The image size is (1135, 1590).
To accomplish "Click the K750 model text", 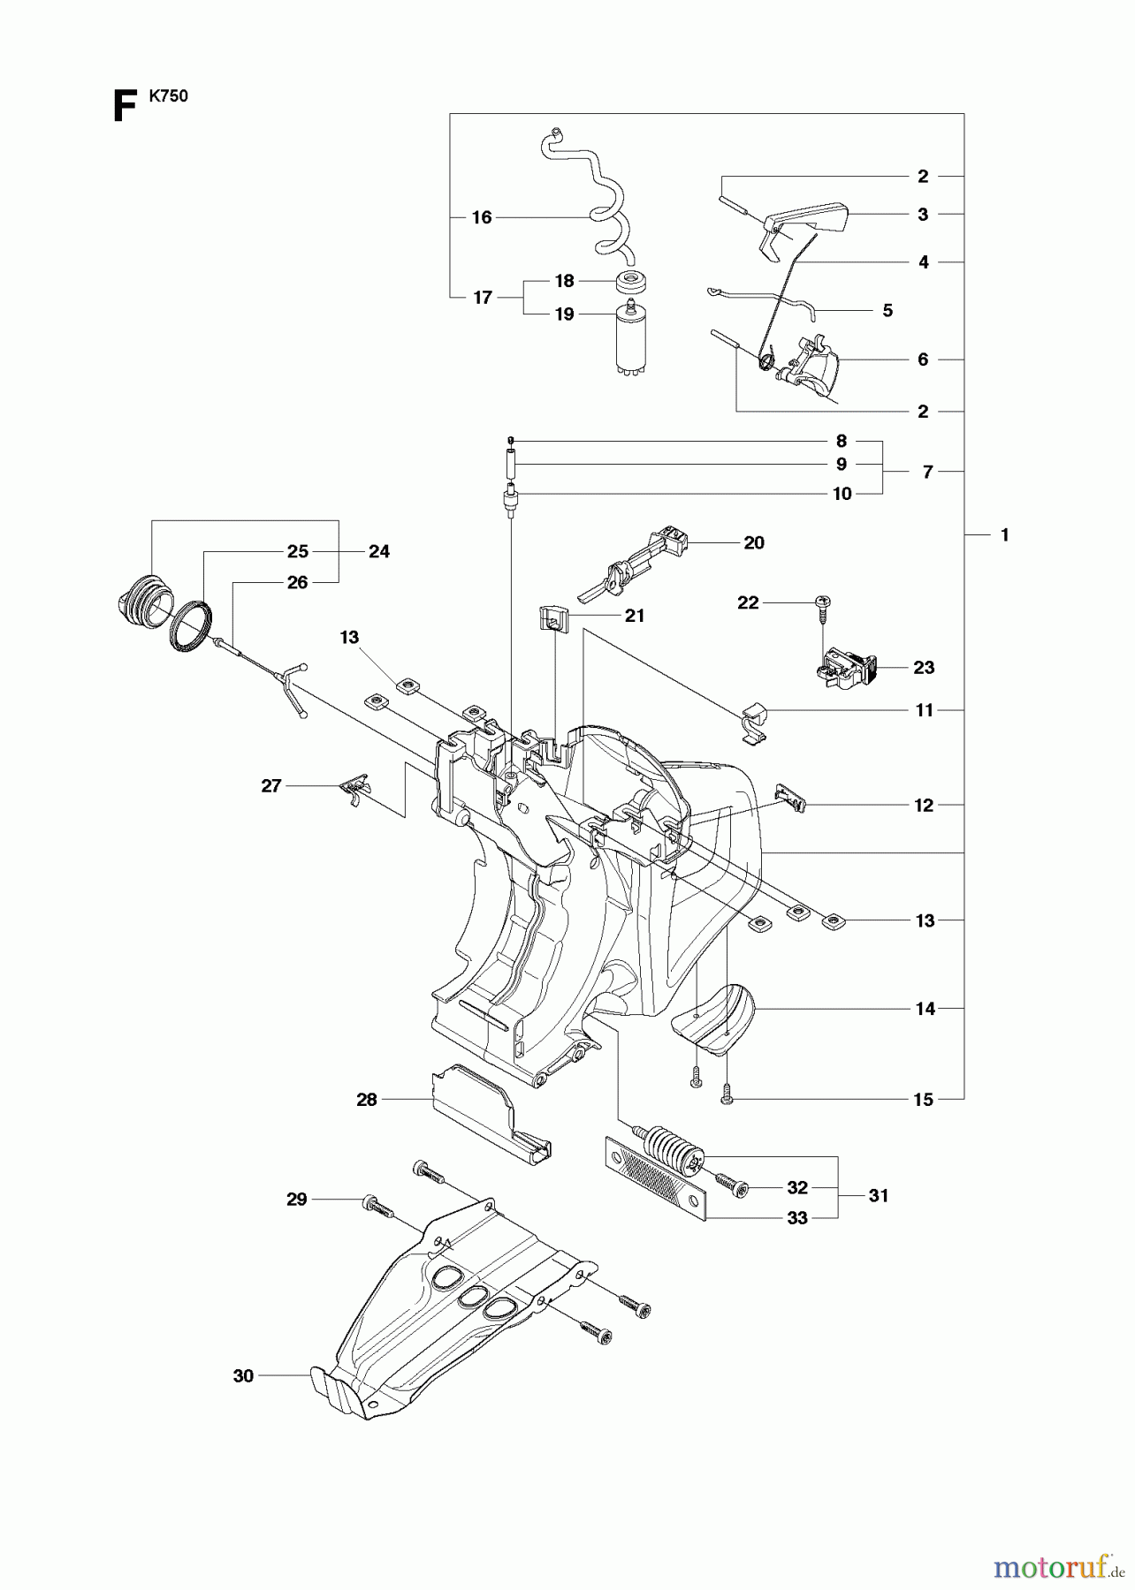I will click(x=168, y=97).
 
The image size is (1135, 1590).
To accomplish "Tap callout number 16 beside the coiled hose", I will click(x=481, y=217).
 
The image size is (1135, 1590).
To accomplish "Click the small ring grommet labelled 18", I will click(x=633, y=284).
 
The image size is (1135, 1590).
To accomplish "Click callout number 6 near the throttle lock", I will click(x=923, y=360).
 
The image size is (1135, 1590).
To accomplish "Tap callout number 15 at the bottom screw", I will click(x=923, y=1100).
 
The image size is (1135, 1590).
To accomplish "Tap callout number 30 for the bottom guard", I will click(x=243, y=1375).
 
